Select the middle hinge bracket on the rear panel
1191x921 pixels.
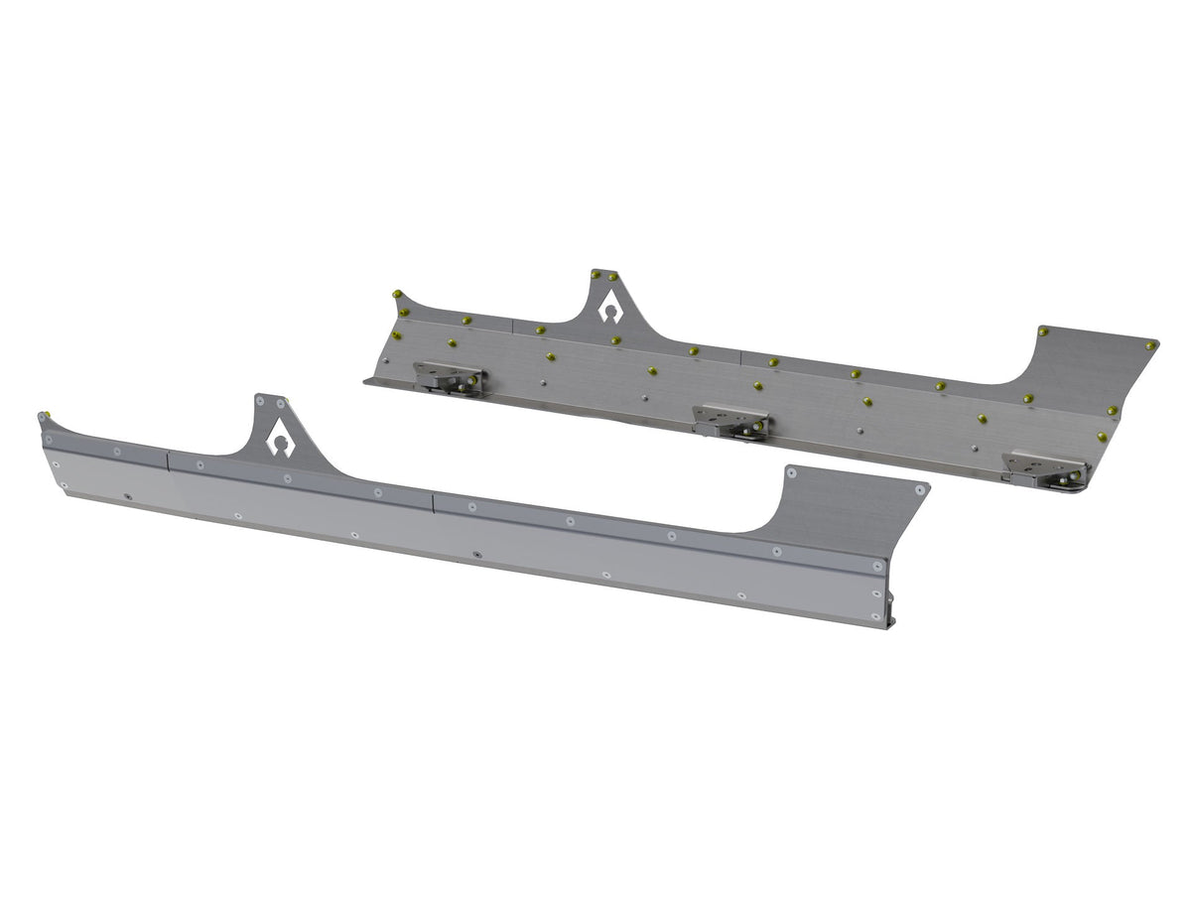(x=731, y=420)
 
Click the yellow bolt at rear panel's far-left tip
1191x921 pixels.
(x=397, y=294)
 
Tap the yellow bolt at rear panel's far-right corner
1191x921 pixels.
(x=1149, y=345)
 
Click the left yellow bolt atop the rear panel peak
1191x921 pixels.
(x=595, y=273)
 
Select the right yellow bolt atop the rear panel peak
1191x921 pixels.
(x=613, y=276)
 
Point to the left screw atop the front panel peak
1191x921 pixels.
(x=260, y=401)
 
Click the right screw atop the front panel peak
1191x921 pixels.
(x=281, y=404)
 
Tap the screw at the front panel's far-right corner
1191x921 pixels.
(x=923, y=489)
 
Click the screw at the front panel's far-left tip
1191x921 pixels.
(x=43, y=416)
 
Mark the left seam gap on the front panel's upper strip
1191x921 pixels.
(x=168, y=459)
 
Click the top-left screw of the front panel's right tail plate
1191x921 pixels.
(x=791, y=471)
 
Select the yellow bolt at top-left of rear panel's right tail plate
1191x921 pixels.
(x=1042, y=330)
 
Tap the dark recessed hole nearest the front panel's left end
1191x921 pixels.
(x=127, y=495)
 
